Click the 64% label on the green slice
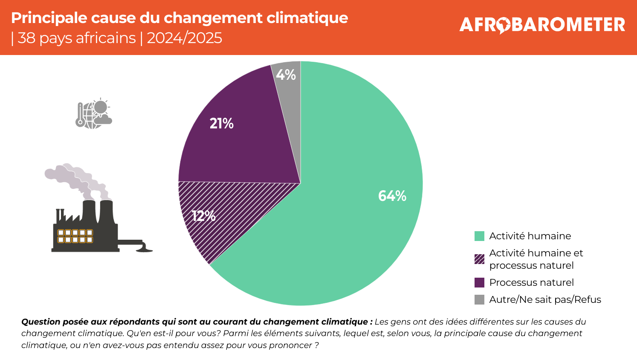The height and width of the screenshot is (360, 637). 392,196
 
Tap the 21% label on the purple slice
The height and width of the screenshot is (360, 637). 222,124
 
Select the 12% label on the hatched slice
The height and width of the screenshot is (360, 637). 204,216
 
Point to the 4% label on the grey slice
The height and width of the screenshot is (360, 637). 286,75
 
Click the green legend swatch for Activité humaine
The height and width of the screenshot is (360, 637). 479,236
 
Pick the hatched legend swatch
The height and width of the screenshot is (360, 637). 479,259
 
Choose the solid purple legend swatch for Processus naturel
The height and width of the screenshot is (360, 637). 479,283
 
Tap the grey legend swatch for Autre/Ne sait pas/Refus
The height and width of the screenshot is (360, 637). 479,300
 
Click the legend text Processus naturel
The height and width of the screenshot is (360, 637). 531,283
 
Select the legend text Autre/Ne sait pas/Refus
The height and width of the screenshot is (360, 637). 545,300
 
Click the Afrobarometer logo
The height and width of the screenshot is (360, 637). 542,25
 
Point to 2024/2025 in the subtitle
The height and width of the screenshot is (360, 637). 184,38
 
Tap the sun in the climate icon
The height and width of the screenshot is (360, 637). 101,107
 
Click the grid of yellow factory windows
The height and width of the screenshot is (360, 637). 75,236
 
